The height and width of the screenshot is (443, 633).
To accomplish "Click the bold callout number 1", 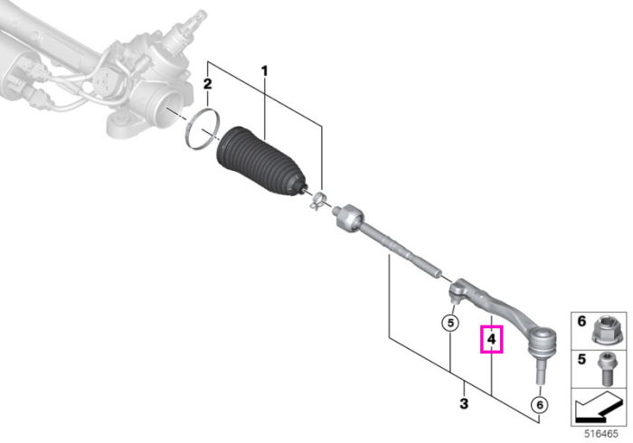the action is point(264,71).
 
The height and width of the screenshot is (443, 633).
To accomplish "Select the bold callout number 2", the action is point(207,84).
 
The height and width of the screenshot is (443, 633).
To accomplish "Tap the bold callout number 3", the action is point(464,402).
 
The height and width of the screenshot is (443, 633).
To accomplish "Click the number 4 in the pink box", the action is point(491,339).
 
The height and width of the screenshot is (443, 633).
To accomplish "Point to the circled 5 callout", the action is point(450,323).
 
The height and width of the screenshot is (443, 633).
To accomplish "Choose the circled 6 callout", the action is point(540,404).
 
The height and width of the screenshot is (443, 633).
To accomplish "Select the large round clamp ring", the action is point(203,130).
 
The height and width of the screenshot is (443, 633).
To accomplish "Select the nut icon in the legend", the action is point(607,329).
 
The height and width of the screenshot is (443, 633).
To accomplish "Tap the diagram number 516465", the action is point(601,434).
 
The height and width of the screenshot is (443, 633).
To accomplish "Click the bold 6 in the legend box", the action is point(581,322).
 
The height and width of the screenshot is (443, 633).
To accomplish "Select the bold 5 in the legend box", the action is point(581,359).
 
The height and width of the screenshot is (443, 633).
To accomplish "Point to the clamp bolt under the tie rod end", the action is point(453,299).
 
